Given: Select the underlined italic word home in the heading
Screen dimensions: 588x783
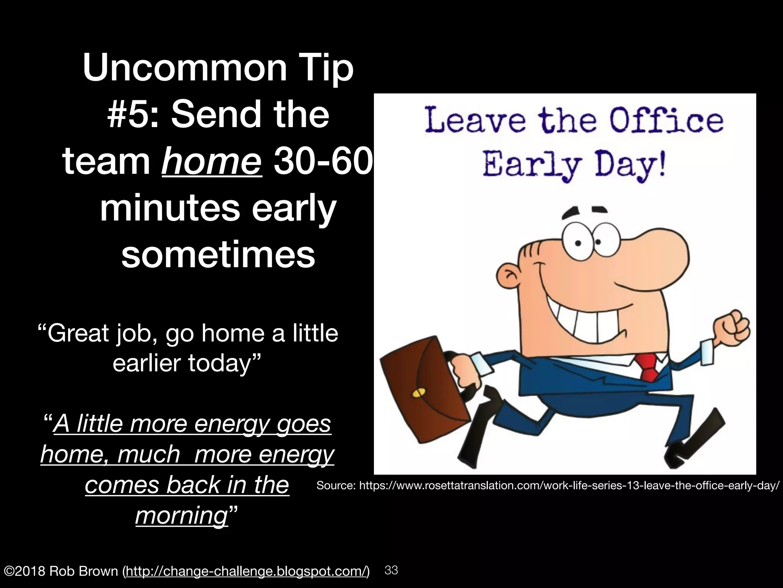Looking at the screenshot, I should (211, 162).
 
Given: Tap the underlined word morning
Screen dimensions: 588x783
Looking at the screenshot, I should (182, 515).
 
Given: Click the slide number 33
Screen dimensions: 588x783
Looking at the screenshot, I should (391, 570).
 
